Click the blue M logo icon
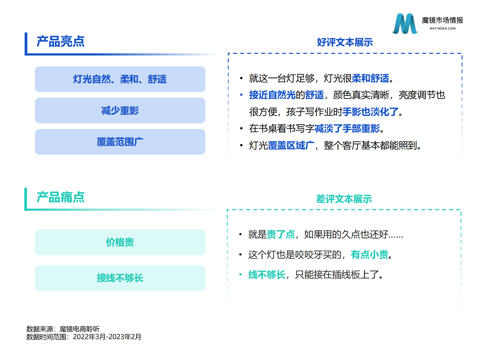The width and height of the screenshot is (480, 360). pos(405,24)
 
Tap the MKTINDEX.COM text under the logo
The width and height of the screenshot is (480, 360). pos(442,28)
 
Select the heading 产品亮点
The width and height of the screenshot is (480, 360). pos(60,41)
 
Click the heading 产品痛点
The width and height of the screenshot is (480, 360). pos(60,197)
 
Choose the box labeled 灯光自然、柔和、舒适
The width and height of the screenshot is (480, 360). pos(120,79)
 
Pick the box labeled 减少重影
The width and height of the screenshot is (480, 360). pos(120,111)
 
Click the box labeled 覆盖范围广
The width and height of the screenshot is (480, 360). pos(120,142)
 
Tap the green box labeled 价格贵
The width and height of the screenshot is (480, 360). pos(120,242)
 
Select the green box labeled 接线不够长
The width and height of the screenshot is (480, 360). pos(120,278)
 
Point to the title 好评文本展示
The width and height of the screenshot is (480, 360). pos(345,42)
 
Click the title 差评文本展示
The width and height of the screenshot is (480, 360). pos(344,199)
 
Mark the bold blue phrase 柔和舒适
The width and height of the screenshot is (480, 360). pos(371,78)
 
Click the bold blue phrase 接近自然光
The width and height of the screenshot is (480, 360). pos(272,95)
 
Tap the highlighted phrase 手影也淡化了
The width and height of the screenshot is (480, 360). pos(371,112)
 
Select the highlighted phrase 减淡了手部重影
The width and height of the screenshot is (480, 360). pos(347,129)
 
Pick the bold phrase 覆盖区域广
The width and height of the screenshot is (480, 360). pos(291,146)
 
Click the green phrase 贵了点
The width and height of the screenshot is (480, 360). pos(281,234)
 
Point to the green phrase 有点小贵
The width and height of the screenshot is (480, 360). pos(369,255)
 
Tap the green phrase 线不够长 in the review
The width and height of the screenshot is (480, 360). pos(267,275)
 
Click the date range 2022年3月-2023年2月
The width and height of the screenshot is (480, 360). pos(107,337)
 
